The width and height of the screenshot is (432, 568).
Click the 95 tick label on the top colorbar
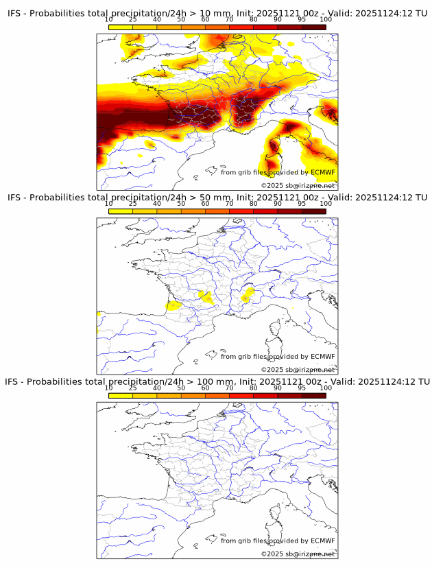pos(302,19)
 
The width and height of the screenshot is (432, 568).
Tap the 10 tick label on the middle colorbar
pos(109,203)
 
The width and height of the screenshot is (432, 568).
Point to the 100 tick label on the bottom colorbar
pos(325,388)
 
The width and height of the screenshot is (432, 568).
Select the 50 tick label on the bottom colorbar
pos(181,388)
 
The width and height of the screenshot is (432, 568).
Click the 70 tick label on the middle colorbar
pos(229,203)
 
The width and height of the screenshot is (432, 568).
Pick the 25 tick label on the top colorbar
pos(132,19)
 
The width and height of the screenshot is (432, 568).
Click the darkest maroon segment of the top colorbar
pos(313,27)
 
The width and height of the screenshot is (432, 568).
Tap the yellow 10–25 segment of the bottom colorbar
pos(121,395)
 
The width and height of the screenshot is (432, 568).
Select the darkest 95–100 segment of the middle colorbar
pos(313,211)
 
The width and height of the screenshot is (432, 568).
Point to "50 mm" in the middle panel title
pos(214,197)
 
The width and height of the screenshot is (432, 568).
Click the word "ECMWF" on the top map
pos(322,172)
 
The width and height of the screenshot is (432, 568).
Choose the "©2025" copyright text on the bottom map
pos(273,554)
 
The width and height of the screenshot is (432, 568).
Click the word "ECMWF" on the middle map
pos(322,357)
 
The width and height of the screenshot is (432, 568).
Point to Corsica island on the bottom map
pos(276,514)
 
